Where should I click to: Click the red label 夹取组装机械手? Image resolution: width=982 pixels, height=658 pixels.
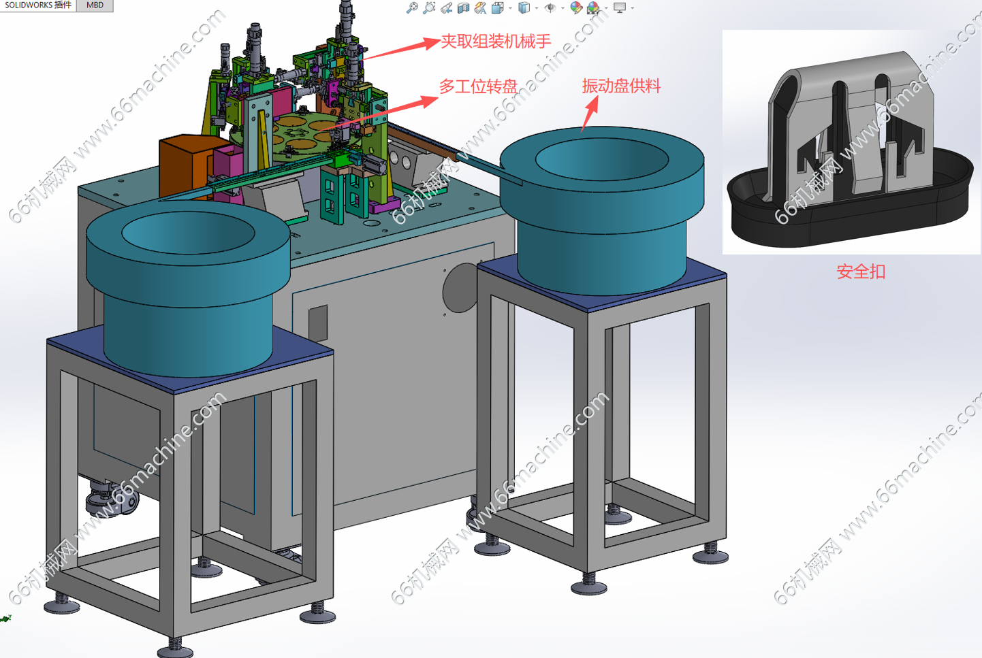pos(496,42)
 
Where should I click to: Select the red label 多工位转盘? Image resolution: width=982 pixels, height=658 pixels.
pos(478,86)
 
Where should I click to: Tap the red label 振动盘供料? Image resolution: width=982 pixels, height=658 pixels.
pos(621,86)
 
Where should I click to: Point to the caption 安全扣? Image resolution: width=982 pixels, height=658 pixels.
pos(861,272)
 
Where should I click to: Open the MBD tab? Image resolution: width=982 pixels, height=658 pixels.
pos(95,5)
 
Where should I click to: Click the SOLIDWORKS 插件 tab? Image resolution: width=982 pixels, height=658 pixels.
pos(38,5)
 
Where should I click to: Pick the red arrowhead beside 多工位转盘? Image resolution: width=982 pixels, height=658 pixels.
pos(428,101)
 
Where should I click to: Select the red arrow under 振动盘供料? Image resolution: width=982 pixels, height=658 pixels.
pos(590,114)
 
